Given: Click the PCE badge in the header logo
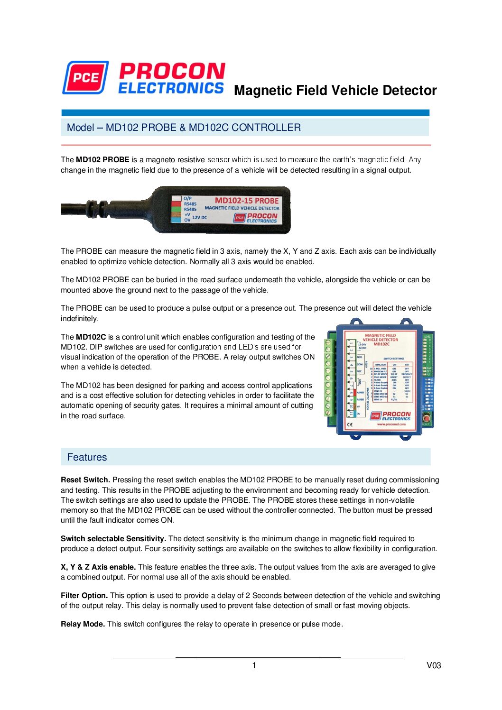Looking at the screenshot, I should click(85, 77).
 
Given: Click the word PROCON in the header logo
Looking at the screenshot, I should click(172, 71).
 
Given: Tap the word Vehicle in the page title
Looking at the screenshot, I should click(354, 90).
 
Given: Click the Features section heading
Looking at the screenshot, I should click(87, 457).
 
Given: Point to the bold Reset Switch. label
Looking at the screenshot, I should click(85, 480).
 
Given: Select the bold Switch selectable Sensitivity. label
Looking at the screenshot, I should click(113, 539).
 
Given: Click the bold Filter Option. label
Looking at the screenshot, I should click(84, 596).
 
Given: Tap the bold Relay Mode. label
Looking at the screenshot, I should click(83, 624).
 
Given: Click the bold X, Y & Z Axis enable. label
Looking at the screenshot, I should click(98, 567).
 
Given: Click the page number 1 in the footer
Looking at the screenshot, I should click(254, 665).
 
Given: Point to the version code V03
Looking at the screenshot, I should click(434, 665).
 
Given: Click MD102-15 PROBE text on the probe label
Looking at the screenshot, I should click(247, 201).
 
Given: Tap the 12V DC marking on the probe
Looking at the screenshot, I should click(200, 218).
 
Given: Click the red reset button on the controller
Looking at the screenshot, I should click(427, 418).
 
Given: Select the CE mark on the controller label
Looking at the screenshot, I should click(350, 424).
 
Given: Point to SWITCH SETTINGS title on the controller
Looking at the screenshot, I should click(394, 359).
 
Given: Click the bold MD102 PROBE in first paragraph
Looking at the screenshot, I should click(102, 160).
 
